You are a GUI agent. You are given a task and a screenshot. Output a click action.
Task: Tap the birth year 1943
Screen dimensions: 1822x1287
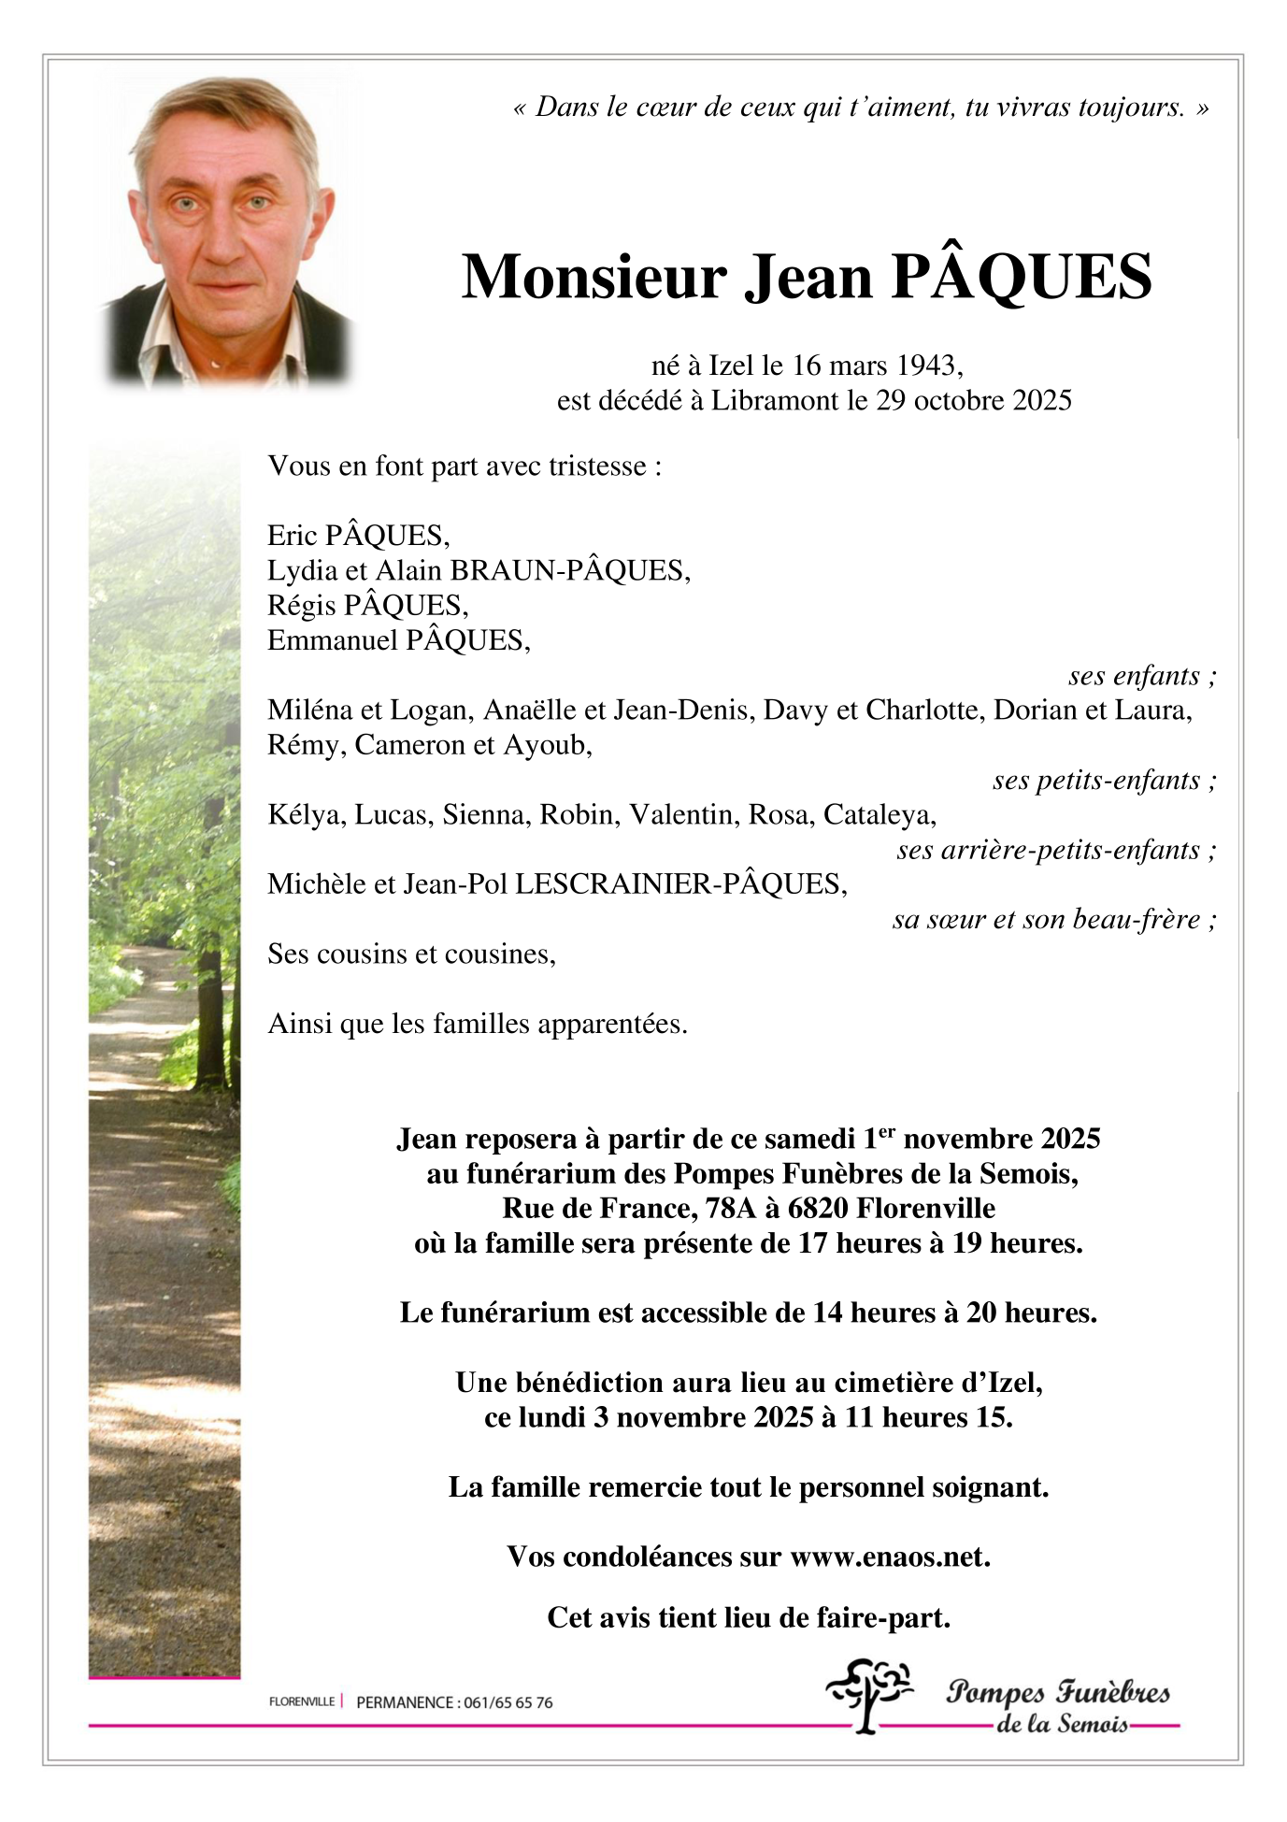927,365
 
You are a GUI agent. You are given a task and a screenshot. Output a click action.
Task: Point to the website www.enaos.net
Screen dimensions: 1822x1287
889,1557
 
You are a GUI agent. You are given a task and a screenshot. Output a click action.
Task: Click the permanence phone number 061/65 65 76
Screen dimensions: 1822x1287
507,1702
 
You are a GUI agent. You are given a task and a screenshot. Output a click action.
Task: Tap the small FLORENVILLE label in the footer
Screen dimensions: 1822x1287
301,1701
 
